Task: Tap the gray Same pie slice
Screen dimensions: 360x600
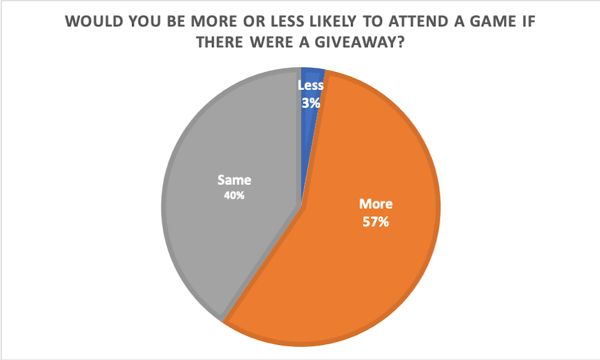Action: [228, 240]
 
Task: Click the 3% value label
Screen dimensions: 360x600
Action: [311, 103]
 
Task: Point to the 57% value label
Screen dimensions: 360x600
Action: [376, 222]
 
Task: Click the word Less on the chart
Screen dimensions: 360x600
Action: [311, 86]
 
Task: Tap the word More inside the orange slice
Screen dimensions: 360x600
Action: [376, 204]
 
